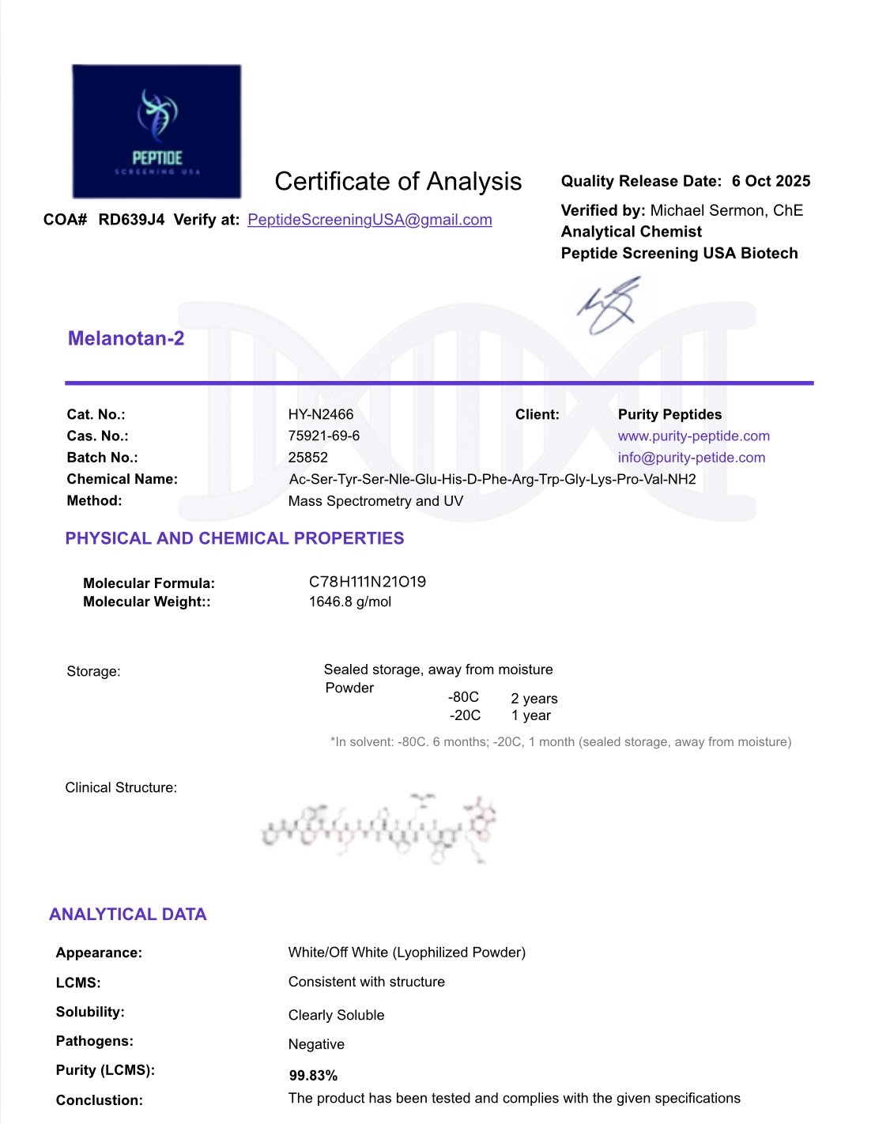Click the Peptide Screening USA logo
(x=157, y=131)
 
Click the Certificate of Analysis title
(x=398, y=182)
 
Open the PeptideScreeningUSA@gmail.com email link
(x=369, y=220)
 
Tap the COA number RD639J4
(x=131, y=220)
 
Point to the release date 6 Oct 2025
(x=771, y=181)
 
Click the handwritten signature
(x=609, y=306)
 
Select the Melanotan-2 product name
(x=126, y=338)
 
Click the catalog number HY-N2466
(x=320, y=414)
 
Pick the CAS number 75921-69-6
(x=323, y=436)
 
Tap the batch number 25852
(x=307, y=457)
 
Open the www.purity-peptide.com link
(x=693, y=436)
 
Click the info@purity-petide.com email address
(x=691, y=457)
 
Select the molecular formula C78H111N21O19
(x=367, y=582)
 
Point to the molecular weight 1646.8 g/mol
(x=349, y=602)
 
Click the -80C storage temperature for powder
(x=463, y=697)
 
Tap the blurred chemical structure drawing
(x=379, y=828)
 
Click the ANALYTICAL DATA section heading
(x=127, y=915)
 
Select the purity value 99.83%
(x=313, y=1076)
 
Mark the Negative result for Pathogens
(x=316, y=1044)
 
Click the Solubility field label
(x=90, y=1012)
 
